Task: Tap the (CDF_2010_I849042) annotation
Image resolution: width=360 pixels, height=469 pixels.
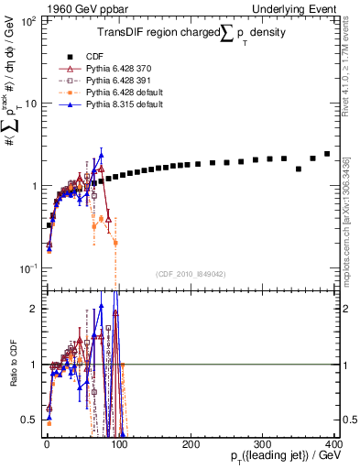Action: [x=192, y=273]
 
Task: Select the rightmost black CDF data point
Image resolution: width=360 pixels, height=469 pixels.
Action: [x=327, y=154]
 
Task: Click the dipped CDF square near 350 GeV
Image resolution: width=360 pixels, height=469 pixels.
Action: [x=299, y=169]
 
